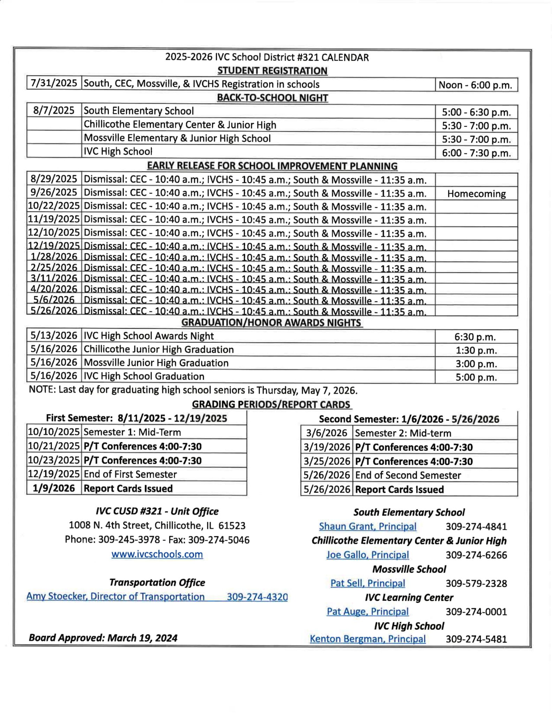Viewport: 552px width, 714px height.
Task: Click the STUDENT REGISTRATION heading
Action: (272, 71)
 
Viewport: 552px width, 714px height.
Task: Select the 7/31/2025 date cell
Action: (54, 83)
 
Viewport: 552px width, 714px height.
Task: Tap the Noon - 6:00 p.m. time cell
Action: (476, 85)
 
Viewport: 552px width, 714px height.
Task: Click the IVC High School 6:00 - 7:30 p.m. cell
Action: (476, 153)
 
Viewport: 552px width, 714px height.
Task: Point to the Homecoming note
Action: (476, 194)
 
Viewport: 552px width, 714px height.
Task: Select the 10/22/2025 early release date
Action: (54, 206)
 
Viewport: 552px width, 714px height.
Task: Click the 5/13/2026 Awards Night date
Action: (54, 336)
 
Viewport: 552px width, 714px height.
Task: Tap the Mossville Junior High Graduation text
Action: (156, 363)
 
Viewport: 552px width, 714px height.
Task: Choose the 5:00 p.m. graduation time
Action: (476, 378)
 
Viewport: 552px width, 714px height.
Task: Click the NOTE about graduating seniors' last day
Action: (193, 390)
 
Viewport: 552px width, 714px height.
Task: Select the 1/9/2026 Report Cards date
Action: (54, 488)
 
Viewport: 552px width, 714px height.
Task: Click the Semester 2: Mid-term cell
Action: (403, 433)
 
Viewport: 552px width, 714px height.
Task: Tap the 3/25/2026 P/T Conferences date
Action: (327, 462)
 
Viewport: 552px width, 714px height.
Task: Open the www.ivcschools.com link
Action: (157, 554)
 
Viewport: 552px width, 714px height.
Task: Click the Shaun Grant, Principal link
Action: (368, 526)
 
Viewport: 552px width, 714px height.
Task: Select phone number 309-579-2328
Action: (476, 583)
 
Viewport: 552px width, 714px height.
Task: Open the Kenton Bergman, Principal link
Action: (368, 639)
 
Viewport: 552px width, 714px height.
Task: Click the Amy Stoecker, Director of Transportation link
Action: (115, 597)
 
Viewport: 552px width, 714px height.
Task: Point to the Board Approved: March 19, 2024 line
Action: (103, 638)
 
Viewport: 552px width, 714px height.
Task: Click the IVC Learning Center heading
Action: (409, 598)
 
